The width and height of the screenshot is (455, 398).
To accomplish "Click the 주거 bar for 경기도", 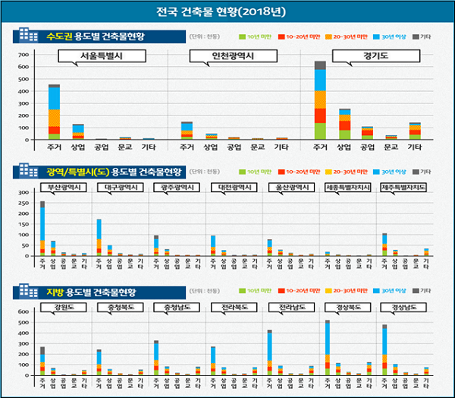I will (320, 100).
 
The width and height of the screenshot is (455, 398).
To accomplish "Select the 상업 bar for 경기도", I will (345, 125).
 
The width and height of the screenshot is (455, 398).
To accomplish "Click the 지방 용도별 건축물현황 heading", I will (95, 292).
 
